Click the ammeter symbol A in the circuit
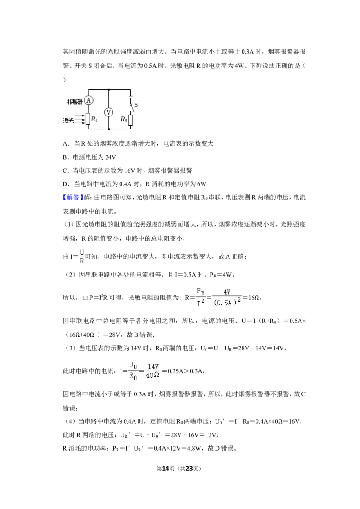[x=88, y=100]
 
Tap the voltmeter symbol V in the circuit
[x=109, y=112]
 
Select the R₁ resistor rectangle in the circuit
[x=88, y=119]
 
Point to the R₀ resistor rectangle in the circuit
[x=130, y=120]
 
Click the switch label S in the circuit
[x=136, y=105]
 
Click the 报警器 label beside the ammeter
[x=75, y=102]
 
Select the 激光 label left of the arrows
[x=68, y=121]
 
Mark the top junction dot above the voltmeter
[x=109, y=89]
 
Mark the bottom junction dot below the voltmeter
[x=109, y=129]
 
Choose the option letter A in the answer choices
[x=65, y=144]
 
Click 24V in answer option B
[x=110, y=157]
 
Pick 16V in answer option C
[x=130, y=171]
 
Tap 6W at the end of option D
[x=202, y=184]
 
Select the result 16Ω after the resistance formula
[x=253, y=297]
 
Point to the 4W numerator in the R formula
[x=227, y=292]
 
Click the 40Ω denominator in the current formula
[x=153, y=375]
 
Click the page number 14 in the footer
[x=166, y=469]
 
